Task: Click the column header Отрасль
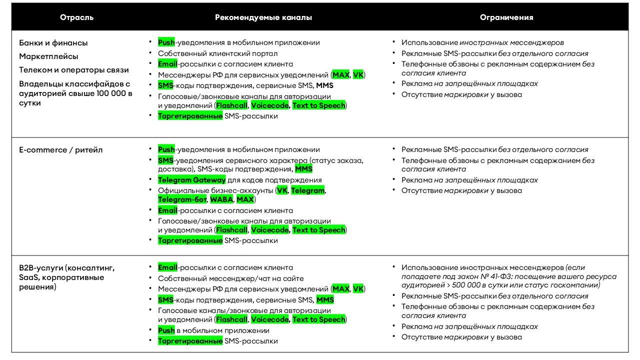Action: coord(76,17)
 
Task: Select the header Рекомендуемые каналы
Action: coord(263,17)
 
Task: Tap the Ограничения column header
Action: coord(506,17)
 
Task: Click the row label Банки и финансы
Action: coord(53,43)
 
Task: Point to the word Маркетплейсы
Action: coord(49,56)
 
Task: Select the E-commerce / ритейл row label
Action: coord(61,150)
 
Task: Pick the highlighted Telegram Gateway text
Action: coord(192,180)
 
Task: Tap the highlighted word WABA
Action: coord(220,199)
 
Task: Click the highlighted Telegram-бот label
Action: coord(182,199)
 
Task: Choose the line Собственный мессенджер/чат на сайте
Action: coord(230,278)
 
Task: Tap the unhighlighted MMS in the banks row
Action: coord(324,85)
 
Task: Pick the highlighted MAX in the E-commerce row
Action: coord(245,199)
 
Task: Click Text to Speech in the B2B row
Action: coord(318,319)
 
